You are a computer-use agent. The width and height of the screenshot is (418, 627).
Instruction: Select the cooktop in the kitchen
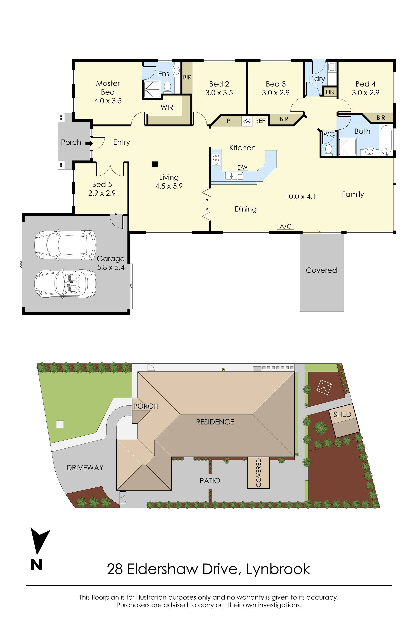click(x=216, y=159)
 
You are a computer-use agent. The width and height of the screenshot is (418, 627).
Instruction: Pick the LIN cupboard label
click(x=330, y=92)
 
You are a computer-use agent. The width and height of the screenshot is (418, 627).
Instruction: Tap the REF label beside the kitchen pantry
click(x=260, y=121)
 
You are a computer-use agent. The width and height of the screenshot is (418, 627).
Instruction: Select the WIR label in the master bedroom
click(x=167, y=107)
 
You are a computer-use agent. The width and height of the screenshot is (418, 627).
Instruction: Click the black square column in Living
click(x=155, y=164)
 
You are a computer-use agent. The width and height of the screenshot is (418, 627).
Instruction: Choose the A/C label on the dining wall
click(x=285, y=226)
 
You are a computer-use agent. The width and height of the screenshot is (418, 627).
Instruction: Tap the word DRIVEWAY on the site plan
click(x=85, y=468)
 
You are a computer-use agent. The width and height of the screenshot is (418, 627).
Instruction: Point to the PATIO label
click(x=210, y=481)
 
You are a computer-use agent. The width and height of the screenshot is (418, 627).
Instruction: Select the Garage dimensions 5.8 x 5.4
click(x=111, y=267)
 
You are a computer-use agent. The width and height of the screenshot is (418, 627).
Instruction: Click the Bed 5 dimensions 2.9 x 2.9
click(x=102, y=193)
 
